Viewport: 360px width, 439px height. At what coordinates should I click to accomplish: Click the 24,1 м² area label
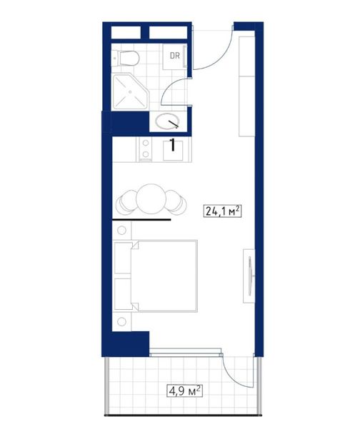[222, 211]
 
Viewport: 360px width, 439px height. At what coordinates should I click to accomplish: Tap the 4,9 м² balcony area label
[184, 390]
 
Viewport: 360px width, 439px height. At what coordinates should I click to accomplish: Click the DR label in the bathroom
[175, 56]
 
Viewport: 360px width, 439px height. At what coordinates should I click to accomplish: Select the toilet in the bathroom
[126, 59]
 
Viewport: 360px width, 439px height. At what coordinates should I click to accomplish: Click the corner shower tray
[130, 91]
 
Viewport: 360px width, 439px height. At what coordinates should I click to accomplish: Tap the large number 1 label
[173, 145]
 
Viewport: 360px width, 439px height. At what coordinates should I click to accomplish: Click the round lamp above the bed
[121, 230]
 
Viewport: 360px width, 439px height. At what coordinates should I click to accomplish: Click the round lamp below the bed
[121, 321]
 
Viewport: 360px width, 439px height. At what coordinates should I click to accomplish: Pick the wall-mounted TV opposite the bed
[250, 276]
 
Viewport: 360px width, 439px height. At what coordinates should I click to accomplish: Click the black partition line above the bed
[141, 220]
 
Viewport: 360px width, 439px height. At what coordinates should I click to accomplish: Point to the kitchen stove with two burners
[146, 149]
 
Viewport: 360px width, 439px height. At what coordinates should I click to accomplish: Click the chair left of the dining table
[126, 202]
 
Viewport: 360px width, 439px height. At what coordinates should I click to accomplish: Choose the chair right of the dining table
[176, 202]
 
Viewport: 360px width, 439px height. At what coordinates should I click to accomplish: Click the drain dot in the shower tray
[130, 91]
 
